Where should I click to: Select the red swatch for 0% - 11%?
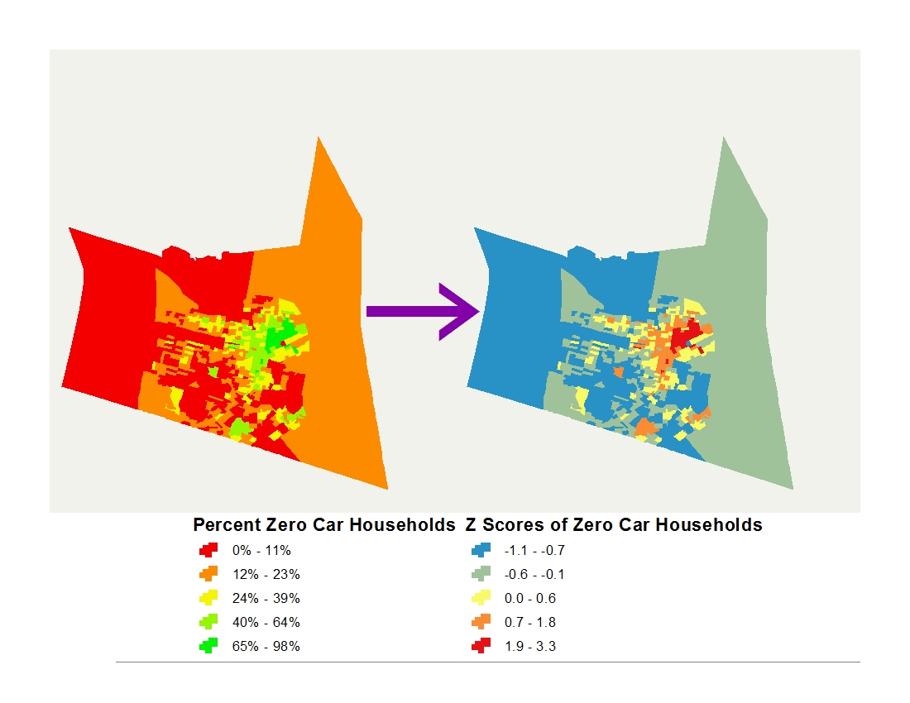tap(208, 550)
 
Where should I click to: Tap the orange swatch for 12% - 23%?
tap(208, 574)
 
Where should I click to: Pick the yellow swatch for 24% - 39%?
tap(208, 598)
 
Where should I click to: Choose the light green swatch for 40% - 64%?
tap(208, 622)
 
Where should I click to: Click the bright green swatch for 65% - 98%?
tap(208, 646)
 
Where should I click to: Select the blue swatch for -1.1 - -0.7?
tap(481, 550)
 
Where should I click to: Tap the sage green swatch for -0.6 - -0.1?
tap(481, 574)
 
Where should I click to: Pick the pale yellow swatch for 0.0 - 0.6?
tap(481, 598)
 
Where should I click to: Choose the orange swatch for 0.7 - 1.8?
tap(481, 622)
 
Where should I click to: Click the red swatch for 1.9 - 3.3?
tap(481, 646)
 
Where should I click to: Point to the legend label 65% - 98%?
tap(266, 647)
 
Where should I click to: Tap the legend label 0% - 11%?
tap(261, 550)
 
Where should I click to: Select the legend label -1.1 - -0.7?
tap(539, 550)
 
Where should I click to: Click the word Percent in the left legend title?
tap(226, 525)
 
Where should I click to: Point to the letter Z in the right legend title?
tap(472, 525)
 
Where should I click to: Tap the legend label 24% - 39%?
tap(266, 598)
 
